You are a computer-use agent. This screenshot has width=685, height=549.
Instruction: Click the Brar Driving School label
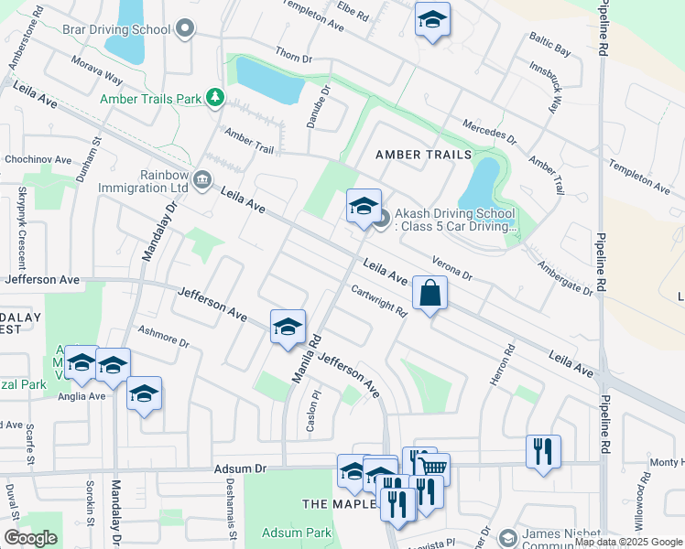pyautogui.click(x=116, y=29)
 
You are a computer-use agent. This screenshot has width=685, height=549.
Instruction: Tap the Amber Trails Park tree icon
pyautogui.click(x=215, y=97)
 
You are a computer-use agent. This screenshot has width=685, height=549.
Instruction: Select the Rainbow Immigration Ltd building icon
pyautogui.click(x=201, y=180)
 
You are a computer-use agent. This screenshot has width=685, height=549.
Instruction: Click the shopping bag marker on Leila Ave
pyautogui.click(x=429, y=294)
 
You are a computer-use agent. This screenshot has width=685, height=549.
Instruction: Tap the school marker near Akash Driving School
pyautogui.click(x=364, y=206)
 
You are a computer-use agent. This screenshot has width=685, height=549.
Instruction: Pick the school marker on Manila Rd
pyautogui.click(x=288, y=327)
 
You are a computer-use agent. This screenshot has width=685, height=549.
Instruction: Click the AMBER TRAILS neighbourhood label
pyautogui.click(x=423, y=156)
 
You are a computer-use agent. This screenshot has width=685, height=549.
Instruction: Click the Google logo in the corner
pyautogui.click(x=30, y=538)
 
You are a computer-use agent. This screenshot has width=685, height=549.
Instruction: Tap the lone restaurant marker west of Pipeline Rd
pyautogui.click(x=543, y=451)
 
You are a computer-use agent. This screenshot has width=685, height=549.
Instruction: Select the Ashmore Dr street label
pyautogui.click(x=162, y=338)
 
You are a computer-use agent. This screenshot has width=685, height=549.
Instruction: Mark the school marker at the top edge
pyautogui.click(x=432, y=19)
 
